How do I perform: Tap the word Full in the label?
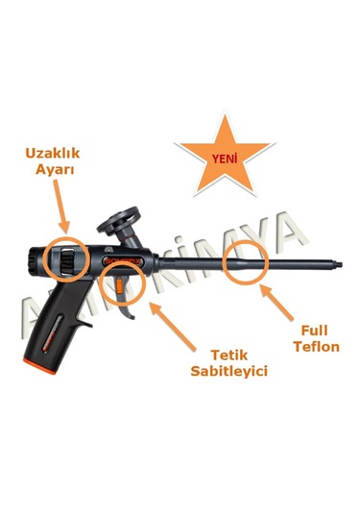point(311,330)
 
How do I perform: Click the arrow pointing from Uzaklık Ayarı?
point(60,208)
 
